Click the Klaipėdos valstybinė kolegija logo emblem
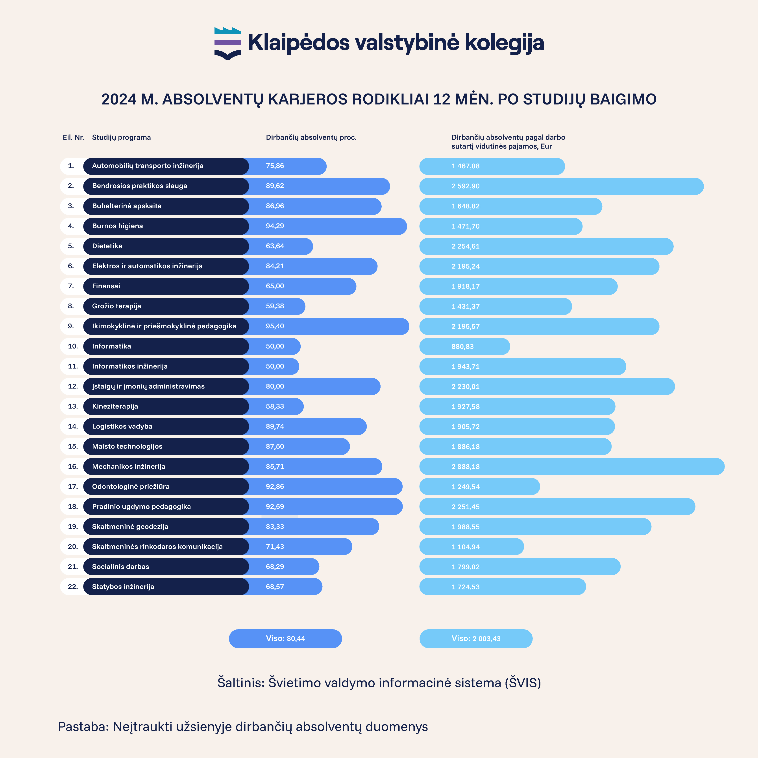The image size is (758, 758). coord(227,43)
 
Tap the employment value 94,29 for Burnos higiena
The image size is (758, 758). coord(275,226)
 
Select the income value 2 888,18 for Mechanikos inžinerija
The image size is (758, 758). coord(466,467)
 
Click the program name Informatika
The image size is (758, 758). coord(111,346)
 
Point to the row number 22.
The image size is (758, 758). coord(73,587)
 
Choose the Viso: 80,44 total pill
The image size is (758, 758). coord(285,638)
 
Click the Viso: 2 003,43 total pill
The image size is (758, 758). coord(476,638)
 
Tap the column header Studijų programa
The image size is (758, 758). coord(121,137)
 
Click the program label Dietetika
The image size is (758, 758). coord(107,246)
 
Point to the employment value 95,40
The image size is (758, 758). coord(275,326)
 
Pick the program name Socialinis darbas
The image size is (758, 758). coord(120,567)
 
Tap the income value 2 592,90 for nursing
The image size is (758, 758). coord(466,186)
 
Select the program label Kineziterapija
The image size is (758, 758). coord(115,406)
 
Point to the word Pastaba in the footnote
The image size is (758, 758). coord(83,727)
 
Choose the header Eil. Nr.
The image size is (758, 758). coord(73,137)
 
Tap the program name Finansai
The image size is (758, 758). coord(106,286)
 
